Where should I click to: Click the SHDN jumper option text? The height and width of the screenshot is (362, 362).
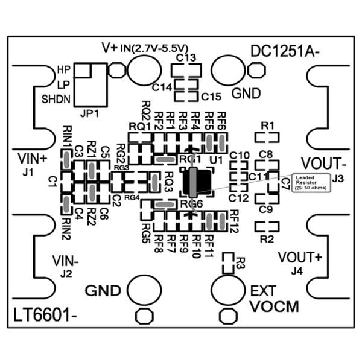56,98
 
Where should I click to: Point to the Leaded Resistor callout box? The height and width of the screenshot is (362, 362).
311,182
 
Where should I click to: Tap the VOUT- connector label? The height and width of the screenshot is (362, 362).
323,164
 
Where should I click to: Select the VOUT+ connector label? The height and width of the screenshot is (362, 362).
300,256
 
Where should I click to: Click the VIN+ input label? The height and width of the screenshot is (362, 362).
31,159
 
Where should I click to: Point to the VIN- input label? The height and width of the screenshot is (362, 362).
65,261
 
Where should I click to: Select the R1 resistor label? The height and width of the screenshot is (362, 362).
268,125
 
